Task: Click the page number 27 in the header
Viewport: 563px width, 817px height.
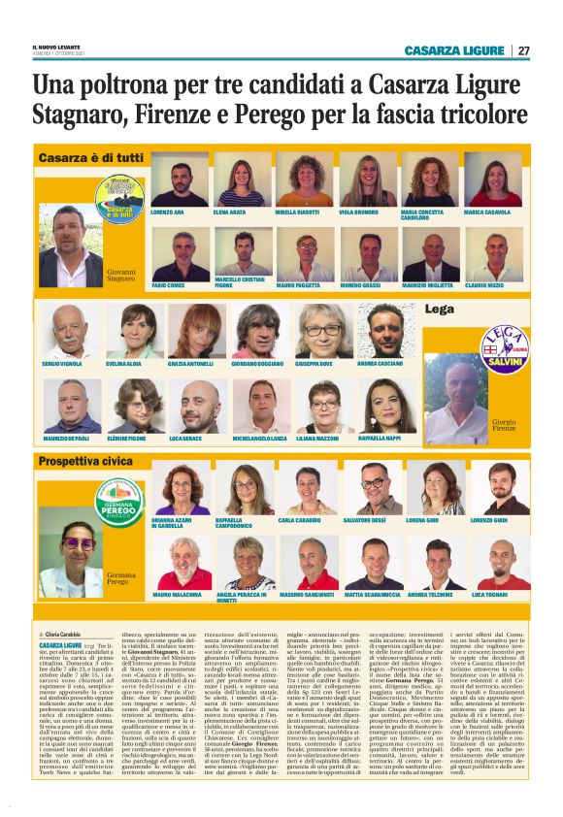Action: click(x=523, y=50)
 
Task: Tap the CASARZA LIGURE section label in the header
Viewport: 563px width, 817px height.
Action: click(x=455, y=50)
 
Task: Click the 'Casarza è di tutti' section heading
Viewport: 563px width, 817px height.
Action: click(x=90, y=157)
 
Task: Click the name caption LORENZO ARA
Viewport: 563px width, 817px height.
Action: click(x=168, y=212)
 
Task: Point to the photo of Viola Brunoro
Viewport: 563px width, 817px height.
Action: click(x=367, y=180)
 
